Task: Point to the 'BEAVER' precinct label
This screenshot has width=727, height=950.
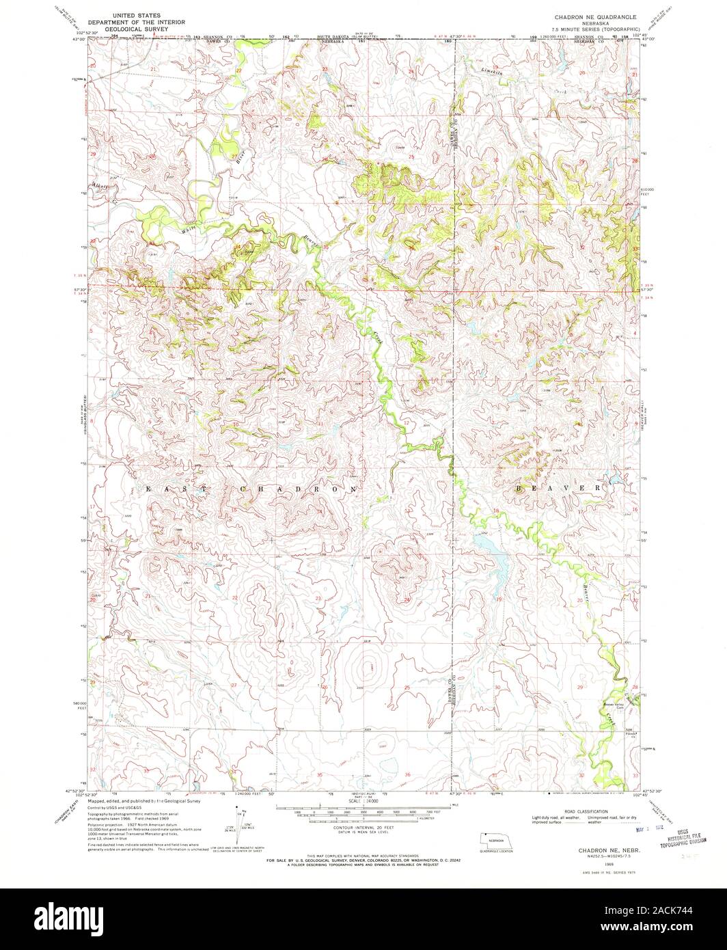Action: point(558,489)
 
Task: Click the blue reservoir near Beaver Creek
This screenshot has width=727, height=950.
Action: point(492,554)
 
